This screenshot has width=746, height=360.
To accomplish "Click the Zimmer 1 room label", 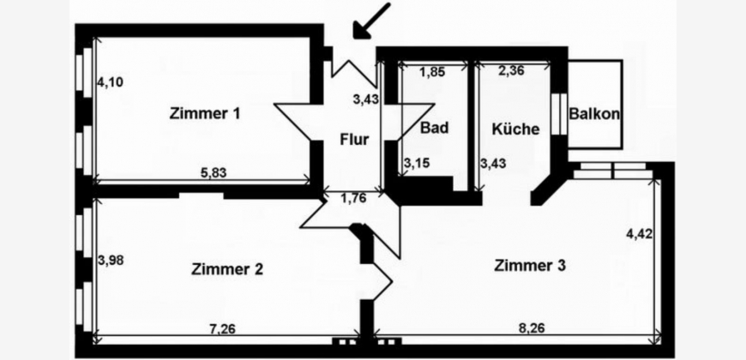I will pos(205,112).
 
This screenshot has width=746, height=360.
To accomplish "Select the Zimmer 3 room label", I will pos(530,266).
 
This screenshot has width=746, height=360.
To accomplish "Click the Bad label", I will pos(436,129).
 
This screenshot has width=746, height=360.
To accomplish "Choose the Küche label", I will pos(515,130).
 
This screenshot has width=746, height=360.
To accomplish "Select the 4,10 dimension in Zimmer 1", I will pos(110,83).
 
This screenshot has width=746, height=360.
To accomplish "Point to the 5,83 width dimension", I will pos(214,171).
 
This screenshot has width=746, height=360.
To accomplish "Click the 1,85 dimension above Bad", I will pos(433,72).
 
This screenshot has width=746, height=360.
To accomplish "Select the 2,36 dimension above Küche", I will pos(512,72).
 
